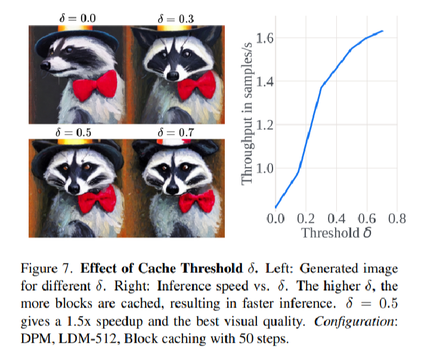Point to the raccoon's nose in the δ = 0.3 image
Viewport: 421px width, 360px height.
click(174, 76)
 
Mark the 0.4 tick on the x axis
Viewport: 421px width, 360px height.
click(336, 218)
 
